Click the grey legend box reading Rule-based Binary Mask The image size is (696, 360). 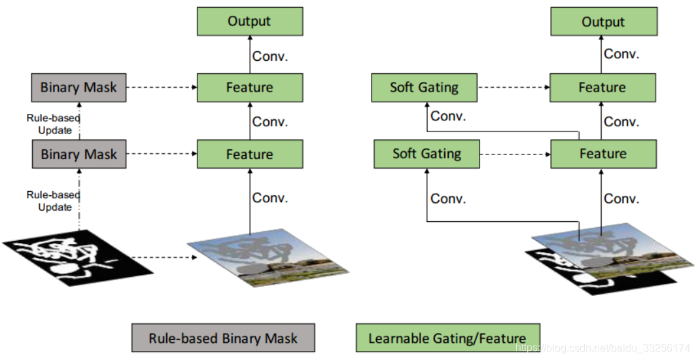(222, 338)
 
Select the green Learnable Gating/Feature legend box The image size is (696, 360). (447, 338)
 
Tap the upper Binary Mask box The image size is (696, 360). (78, 88)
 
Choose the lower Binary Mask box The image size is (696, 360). (78, 154)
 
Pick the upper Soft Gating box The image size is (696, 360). (424, 88)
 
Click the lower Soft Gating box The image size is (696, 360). (426, 154)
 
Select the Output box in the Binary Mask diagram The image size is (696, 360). (249, 22)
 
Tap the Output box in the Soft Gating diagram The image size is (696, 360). (603, 22)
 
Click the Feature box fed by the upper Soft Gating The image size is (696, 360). (602, 88)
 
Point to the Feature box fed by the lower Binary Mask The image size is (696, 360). (249, 154)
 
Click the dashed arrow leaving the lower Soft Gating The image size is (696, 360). (514, 154)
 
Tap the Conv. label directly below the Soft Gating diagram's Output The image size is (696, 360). (621, 54)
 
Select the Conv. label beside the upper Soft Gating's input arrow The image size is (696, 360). (449, 117)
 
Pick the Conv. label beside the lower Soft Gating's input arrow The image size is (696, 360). (449, 198)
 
